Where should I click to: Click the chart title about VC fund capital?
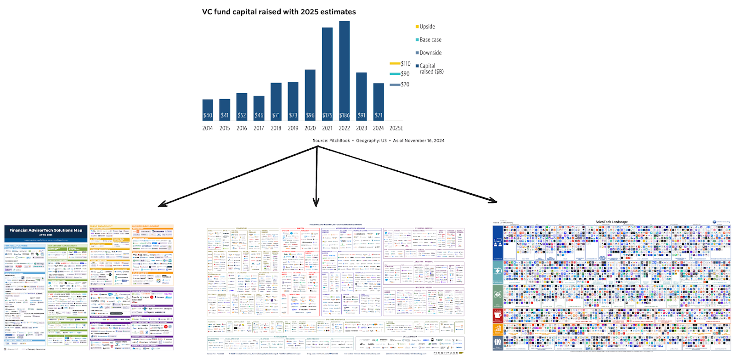[x=279, y=12]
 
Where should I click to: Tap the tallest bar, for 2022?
[x=345, y=69]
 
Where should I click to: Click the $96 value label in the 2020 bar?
[x=310, y=115]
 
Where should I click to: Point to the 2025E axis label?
[x=396, y=128]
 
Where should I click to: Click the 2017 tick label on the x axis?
[x=259, y=128]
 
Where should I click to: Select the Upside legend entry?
[x=427, y=27]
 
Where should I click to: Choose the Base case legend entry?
[x=430, y=40]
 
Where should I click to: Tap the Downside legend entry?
[x=430, y=53]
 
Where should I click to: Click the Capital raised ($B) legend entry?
[x=431, y=68]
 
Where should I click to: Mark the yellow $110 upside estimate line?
[x=395, y=63]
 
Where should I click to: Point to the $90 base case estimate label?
[x=405, y=73]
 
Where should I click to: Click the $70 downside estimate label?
[x=405, y=84]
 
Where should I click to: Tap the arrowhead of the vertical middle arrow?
[x=316, y=203]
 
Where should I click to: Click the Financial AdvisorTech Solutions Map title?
[x=45, y=231]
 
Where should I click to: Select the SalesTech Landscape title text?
[x=611, y=222]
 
